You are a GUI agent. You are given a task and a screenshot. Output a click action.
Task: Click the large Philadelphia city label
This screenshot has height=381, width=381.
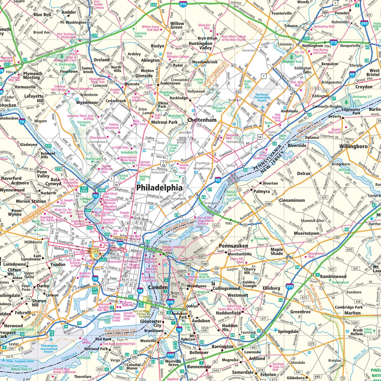point(159,188)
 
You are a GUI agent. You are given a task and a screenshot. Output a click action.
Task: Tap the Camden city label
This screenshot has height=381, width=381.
point(157,288)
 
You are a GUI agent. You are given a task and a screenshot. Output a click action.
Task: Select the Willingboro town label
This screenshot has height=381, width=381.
point(353,146)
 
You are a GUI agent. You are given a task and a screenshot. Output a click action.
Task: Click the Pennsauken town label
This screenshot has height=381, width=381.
point(233,246)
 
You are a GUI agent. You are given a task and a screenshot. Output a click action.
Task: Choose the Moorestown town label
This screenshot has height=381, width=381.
point(307,233)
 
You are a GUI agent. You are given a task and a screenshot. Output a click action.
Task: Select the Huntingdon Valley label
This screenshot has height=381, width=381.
point(200,46)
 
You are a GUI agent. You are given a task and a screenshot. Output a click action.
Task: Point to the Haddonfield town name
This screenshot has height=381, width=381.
point(228,313)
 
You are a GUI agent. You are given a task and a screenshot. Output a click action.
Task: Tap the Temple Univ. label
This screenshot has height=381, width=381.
point(125,214)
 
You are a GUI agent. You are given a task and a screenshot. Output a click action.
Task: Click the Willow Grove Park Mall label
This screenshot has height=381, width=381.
point(150,28)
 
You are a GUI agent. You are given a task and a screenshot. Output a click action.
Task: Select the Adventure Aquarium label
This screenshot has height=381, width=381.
point(151,261)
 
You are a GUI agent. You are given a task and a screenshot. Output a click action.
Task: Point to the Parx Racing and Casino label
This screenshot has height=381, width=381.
point(320,52)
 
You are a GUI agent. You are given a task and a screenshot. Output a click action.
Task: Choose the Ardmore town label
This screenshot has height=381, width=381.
point(20,183)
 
